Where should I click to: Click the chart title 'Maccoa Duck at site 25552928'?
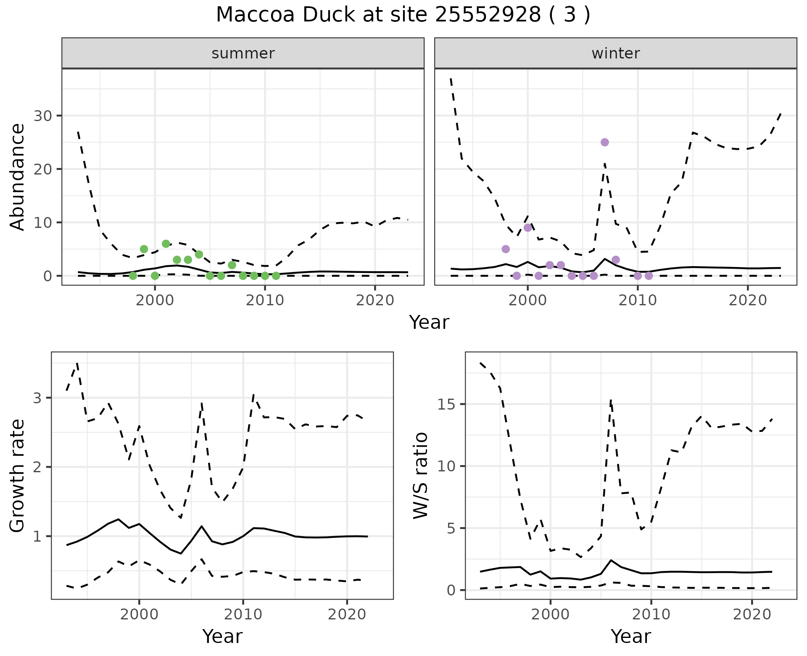pos(403,15)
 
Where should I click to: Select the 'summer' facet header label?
pos(243,53)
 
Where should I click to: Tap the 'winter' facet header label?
pos(615,53)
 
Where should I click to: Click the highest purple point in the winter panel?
pos(605,142)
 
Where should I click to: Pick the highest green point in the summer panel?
pos(166,244)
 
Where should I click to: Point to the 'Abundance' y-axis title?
pos(18,177)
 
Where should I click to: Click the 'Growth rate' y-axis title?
pos(18,476)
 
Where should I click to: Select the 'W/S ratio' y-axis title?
pos(421,475)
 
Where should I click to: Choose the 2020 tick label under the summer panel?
pos(375,300)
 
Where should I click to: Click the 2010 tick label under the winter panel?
pos(638,300)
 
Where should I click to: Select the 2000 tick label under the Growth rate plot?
pos(139,614)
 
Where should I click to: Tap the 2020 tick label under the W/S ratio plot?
pos(752,614)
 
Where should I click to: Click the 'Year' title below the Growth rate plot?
pos(222,637)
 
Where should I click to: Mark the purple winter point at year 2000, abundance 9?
pos(528,227)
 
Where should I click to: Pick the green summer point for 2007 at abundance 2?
pos(232,265)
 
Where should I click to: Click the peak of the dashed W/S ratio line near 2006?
pos(611,400)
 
